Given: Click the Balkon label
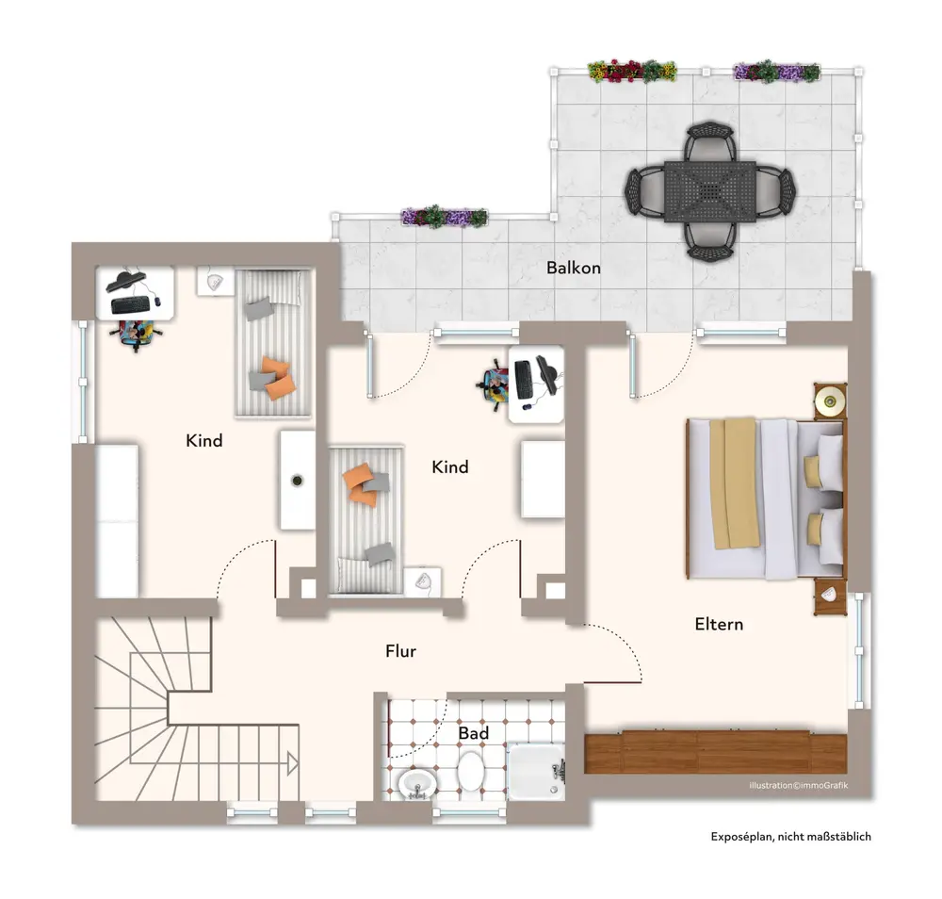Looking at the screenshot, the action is (x=573, y=268).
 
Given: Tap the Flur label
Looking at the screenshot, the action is (x=400, y=651).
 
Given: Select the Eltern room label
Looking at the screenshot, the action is (x=719, y=625).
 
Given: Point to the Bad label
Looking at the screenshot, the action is (x=474, y=733).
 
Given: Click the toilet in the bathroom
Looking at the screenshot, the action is (x=470, y=771).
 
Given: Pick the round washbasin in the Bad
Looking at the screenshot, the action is (x=417, y=784).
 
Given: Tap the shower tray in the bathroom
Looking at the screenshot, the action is (x=537, y=772).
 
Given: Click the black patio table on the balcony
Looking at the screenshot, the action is (x=710, y=191).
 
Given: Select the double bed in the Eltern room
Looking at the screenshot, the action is (x=765, y=499).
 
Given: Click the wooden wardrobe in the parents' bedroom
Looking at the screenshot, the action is (x=716, y=752).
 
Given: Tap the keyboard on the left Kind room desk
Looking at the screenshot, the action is (x=130, y=305).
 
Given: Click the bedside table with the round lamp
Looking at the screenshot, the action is (x=830, y=400).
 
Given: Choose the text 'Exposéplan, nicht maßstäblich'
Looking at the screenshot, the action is (x=790, y=837).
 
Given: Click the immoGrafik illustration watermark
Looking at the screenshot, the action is (x=799, y=785).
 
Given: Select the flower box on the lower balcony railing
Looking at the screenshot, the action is (x=444, y=217).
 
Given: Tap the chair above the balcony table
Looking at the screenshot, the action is (x=709, y=141).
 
